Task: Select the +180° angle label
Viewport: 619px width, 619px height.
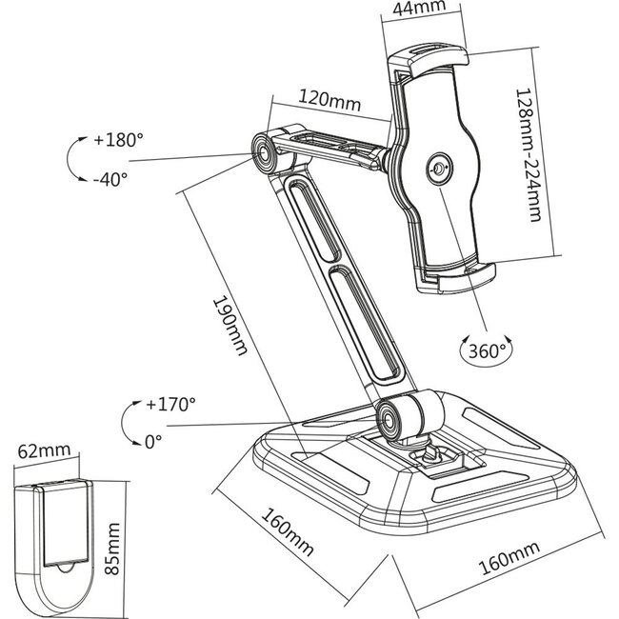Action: [118, 139]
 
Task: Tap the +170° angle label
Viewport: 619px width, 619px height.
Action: [170, 404]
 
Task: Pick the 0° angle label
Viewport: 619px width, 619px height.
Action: [152, 441]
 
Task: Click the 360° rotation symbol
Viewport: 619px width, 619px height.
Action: [484, 349]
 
